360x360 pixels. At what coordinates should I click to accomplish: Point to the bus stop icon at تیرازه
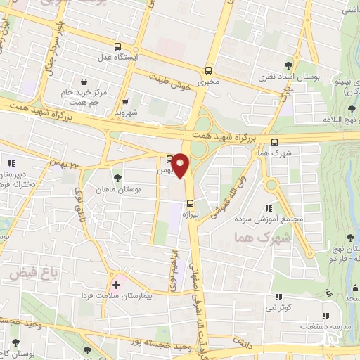(x=190, y=205)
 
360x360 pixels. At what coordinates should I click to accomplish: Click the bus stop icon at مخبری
(x=208, y=70)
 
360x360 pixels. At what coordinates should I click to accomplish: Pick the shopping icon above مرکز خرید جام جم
(x=84, y=81)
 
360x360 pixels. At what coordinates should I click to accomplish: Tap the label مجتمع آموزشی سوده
(x=278, y=219)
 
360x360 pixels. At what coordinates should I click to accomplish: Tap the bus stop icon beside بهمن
(x=170, y=158)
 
